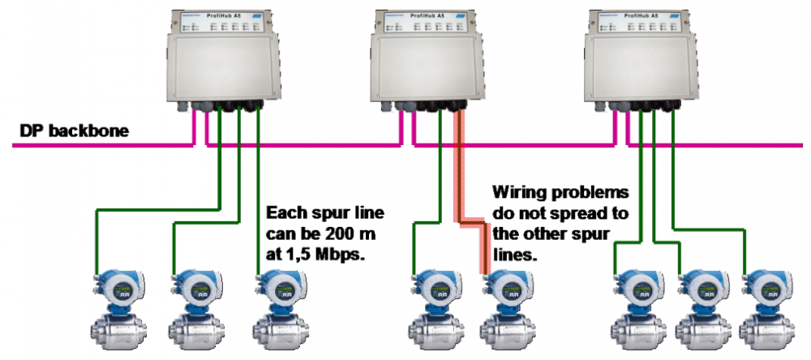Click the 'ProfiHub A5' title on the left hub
click(221, 15)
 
